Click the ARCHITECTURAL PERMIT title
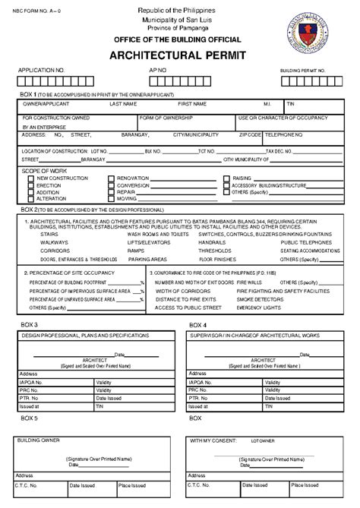pyautogui.click(x=180, y=56)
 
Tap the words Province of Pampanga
pyautogui.click(x=180, y=25)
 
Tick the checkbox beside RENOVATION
pyautogui.click(x=112, y=178)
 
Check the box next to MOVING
pyautogui.click(x=112, y=199)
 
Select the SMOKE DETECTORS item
pyautogui.click(x=257, y=299)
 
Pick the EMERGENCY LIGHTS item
pyautogui.click(x=259, y=308)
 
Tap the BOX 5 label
pyautogui.click(x=30, y=418)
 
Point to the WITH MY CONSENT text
pyautogui.click(x=216, y=440)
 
